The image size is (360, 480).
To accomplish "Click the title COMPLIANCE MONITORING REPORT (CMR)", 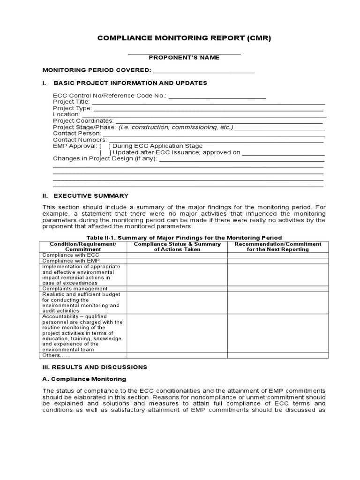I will [x=184, y=38].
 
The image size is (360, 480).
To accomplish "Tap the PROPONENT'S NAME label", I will [x=184, y=58].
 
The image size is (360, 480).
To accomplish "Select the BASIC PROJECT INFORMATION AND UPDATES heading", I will [x=130, y=83].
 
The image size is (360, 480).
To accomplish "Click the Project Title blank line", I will [x=208, y=102].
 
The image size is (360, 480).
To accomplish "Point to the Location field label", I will [x=66, y=114].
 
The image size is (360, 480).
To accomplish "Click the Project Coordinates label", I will [x=83, y=121].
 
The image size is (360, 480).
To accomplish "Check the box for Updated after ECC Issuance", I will [x=105, y=152].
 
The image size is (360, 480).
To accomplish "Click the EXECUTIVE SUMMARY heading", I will [x=91, y=195].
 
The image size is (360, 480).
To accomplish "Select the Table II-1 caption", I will [x=184, y=238].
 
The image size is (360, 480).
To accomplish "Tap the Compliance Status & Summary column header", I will [x=177, y=247].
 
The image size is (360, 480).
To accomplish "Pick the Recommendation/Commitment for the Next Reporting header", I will [x=278, y=247].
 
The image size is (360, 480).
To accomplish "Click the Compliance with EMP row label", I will [x=71, y=261].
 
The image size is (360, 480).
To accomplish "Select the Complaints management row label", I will [x=75, y=289].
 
